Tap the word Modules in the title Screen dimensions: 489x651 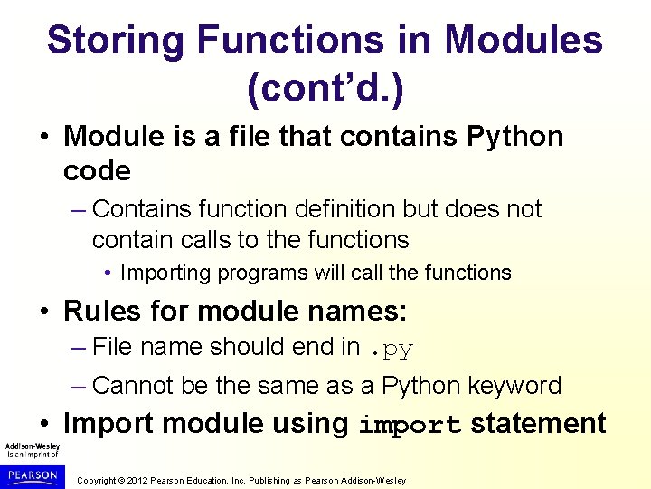(x=524, y=41)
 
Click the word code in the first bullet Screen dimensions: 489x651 (x=97, y=170)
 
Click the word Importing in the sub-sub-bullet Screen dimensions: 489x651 (x=169, y=273)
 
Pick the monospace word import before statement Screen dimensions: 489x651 (x=410, y=426)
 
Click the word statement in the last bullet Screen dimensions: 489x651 (x=539, y=424)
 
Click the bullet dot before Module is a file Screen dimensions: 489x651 (x=46, y=138)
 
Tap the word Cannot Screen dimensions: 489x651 (x=133, y=386)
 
